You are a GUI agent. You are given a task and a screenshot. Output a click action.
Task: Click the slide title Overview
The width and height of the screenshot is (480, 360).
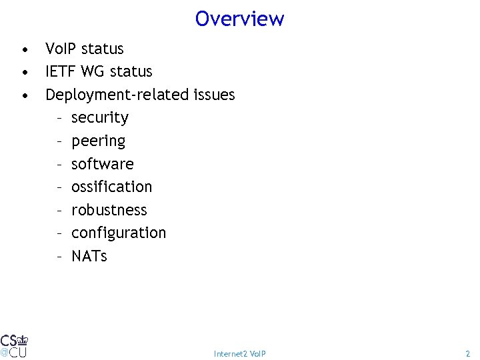[x=240, y=19]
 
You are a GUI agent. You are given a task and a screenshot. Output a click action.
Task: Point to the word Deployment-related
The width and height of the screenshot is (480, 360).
[x=117, y=95]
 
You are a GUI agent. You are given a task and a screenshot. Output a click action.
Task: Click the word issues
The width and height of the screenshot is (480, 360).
[x=214, y=95]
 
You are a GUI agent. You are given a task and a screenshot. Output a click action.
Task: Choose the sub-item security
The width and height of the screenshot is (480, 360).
[x=100, y=118]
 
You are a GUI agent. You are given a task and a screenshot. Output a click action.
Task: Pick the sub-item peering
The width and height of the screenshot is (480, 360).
[x=98, y=141]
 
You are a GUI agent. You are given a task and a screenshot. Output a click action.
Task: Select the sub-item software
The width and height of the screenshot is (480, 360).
[x=103, y=164]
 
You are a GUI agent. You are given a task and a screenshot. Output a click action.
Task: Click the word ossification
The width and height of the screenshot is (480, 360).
[x=111, y=187]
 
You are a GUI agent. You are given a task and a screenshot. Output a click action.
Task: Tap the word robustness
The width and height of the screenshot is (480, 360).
[x=109, y=210]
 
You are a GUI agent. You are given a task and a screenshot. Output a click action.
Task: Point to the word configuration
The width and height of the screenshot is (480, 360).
[x=119, y=233]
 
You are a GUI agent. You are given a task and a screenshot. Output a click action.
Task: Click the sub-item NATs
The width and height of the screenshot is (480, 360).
[x=89, y=256]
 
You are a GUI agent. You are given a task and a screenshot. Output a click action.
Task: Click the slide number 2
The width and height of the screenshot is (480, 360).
[x=467, y=353]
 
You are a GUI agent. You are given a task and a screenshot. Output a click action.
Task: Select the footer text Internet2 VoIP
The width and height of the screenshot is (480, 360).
[x=240, y=353]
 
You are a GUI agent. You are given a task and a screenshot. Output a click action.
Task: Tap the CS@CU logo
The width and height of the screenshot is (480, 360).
[x=13, y=345]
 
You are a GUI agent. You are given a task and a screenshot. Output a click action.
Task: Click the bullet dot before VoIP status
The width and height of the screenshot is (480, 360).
[x=24, y=50]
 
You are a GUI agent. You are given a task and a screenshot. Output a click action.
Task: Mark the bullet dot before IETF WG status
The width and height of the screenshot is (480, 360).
[x=24, y=73]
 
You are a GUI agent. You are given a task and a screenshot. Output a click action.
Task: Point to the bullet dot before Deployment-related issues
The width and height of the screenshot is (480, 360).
[x=24, y=96]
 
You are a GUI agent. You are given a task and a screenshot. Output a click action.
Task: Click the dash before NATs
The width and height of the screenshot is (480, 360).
[x=59, y=256]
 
